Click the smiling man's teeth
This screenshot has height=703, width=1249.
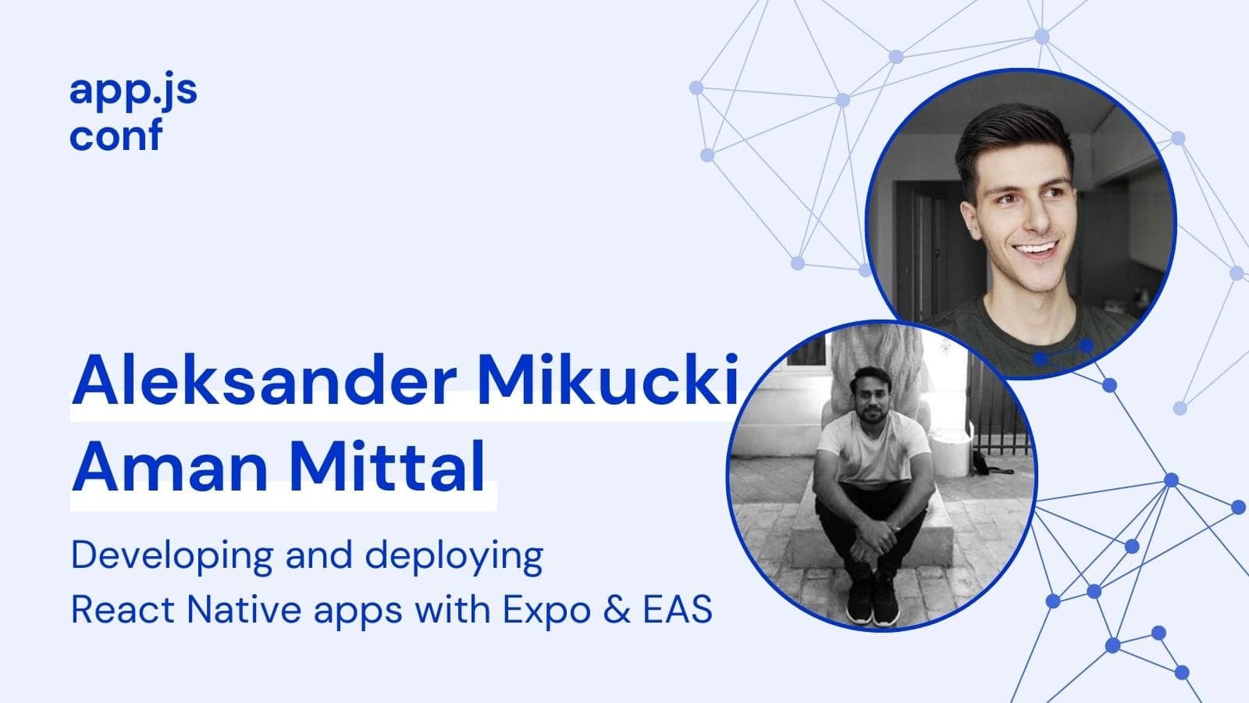tap(1035, 248)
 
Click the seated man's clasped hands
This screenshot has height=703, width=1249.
tap(874, 538)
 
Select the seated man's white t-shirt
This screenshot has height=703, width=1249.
tap(874, 450)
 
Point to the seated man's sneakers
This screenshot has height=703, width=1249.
tap(873, 605)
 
